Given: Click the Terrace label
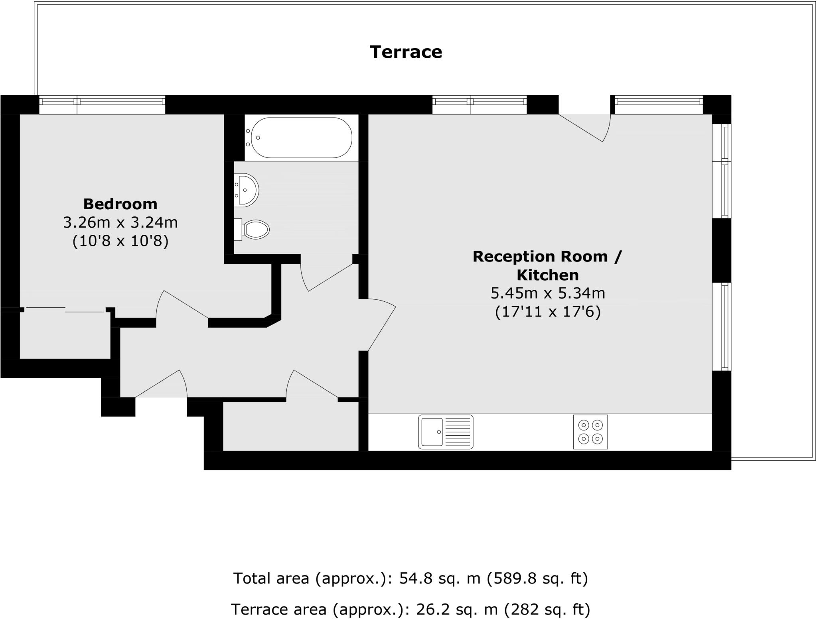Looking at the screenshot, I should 406,52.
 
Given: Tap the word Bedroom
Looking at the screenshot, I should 120,204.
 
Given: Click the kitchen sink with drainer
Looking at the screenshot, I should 446,432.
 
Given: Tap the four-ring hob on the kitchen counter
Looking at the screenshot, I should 590,432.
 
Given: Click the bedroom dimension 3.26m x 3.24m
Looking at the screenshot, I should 120,222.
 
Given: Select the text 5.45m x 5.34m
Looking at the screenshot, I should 547,293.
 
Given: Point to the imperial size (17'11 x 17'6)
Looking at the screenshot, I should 547,311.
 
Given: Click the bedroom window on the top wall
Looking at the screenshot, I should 102,104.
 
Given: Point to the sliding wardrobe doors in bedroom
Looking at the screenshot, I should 65,310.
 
